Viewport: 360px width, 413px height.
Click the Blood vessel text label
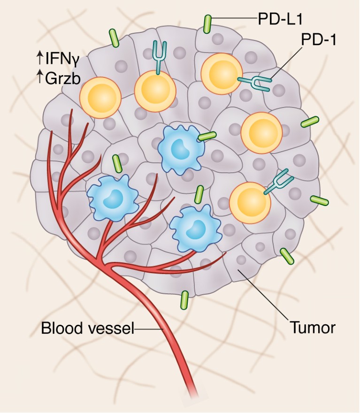tap(87, 329)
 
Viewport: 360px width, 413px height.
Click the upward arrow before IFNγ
tap(39, 59)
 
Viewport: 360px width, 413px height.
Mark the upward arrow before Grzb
tap(39, 77)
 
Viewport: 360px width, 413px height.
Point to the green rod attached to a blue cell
tap(207, 136)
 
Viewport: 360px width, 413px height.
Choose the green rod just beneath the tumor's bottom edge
tap(184, 300)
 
